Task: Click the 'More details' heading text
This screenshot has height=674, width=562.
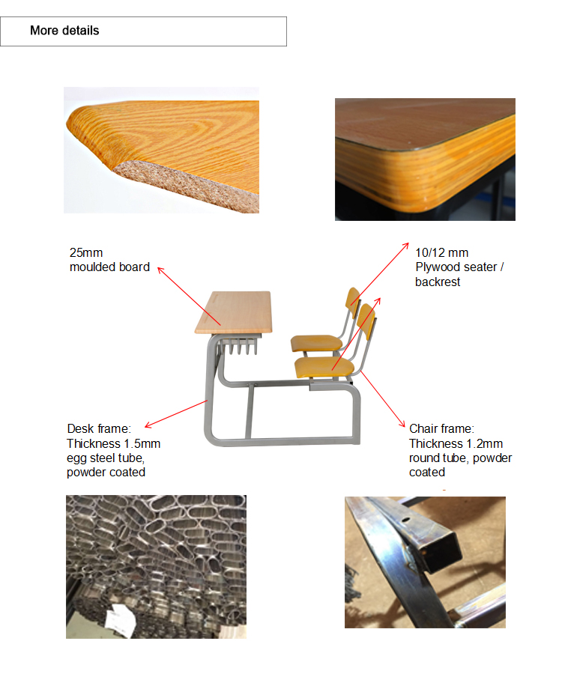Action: [x=64, y=31]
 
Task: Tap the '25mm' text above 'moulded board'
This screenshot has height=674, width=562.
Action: [x=86, y=252]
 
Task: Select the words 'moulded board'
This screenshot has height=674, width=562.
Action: [x=109, y=267]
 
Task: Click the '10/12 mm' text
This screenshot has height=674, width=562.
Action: [x=441, y=252]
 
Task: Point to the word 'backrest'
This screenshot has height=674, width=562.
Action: [x=438, y=282]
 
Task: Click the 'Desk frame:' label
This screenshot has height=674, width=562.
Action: [x=99, y=428]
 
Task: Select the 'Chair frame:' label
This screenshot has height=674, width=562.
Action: [x=441, y=428]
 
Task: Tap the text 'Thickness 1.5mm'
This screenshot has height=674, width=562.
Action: [x=113, y=443]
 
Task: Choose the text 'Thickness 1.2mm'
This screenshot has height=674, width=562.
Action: [x=456, y=443]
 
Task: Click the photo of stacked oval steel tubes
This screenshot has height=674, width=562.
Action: [x=156, y=567]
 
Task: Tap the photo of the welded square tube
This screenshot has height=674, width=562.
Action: [x=425, y=562]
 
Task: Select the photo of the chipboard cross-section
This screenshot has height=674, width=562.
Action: [x=161, y=150]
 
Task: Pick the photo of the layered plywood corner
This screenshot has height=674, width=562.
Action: [x=425, y=160]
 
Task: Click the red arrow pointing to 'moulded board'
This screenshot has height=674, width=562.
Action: [x=189, y=296]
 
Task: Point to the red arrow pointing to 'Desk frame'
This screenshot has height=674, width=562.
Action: [x=176, y=413]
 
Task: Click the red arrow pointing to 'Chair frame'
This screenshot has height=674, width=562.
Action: [x=382, y=398]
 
